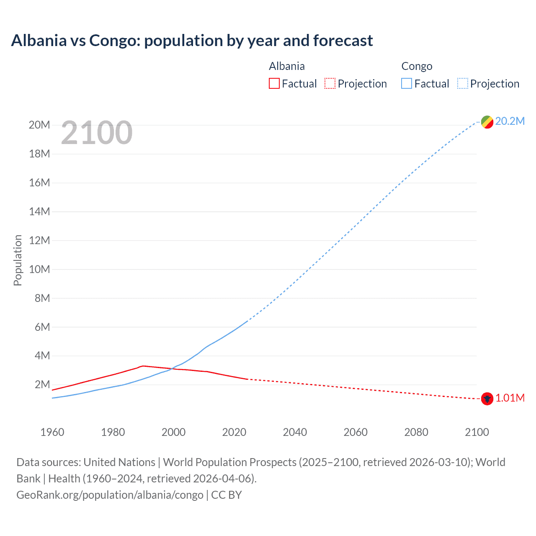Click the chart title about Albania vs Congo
coord(192,41)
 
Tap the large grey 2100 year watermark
coord(97,133)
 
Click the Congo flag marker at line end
coord(487,122)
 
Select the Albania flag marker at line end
coord(487,399)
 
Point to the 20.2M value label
coord(510,121)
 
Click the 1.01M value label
coord(510,398)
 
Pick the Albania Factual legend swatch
coord(274,84)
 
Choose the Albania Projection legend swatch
coord(330,84)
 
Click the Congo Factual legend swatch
coord(406,84)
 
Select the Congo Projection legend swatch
coord(462,84)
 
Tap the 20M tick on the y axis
coord(39,125)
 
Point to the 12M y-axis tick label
coord(39,240)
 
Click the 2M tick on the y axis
coord(42,384)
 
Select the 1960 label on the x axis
coord(52,432)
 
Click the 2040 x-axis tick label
coord(295,432)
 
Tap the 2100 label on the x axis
coord(477,432)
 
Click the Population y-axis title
coord(18,260)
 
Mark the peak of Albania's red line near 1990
coord(143,366)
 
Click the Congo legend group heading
coord(417,66)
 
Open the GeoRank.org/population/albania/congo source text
coord(110,495)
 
